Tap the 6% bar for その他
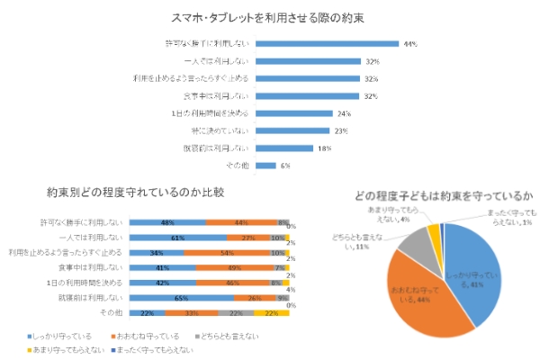point(266,166)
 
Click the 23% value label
point(342,130)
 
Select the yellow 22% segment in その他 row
point(269,312)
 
